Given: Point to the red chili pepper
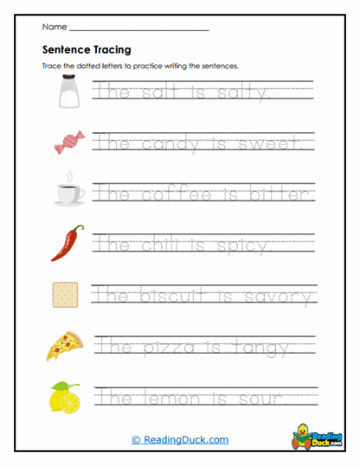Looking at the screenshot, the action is point(66,243).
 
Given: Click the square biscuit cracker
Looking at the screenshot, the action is point(66,296).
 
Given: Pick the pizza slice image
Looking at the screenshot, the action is point(66,346).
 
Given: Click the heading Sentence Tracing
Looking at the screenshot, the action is point(81,49).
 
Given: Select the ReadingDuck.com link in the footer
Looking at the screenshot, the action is point(180,439).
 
